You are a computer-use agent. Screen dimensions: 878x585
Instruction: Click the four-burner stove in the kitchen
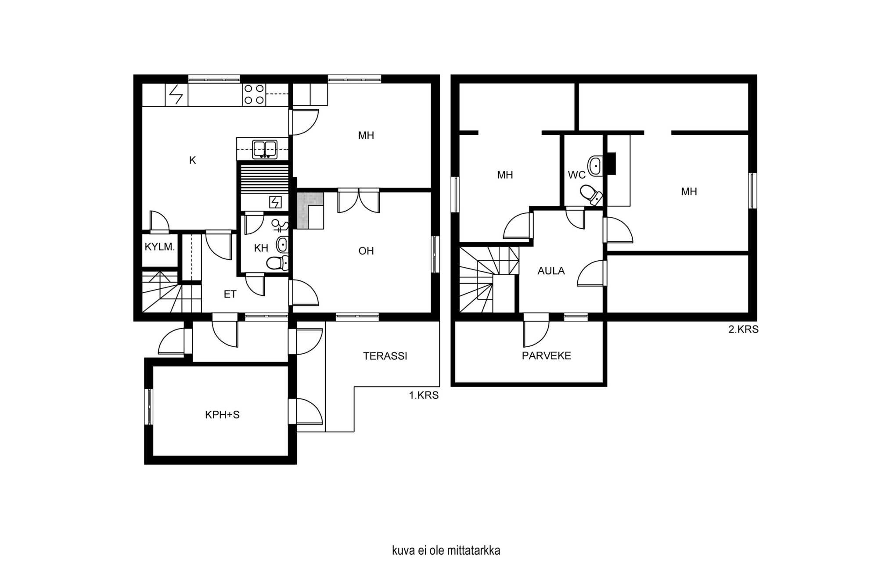[254, 94]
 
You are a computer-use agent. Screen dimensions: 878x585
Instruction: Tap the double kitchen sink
[264, 149]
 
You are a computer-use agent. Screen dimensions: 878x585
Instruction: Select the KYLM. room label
[160, 247]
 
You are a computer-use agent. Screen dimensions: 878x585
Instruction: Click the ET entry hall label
[230, 294]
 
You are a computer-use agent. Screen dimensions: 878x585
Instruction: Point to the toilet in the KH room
[277, 262]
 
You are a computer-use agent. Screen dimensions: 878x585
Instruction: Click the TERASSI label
[385, 356]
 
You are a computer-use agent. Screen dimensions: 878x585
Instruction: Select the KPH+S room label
[222, 415]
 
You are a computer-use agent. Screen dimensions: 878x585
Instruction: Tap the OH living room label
[366, 251]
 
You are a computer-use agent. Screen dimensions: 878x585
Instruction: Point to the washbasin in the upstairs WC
[595, 166]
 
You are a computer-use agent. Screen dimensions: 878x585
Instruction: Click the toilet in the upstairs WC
[591, 194]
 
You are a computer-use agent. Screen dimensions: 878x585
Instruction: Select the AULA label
[551, 271]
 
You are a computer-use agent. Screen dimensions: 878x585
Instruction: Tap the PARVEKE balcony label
[547, 356]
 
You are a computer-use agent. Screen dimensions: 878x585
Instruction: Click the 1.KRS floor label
[424, 395]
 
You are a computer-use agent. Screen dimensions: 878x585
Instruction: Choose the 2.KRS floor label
[743, 330]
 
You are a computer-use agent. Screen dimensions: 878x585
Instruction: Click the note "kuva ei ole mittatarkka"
[446, 550]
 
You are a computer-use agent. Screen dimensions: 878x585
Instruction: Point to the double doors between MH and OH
[359, 201]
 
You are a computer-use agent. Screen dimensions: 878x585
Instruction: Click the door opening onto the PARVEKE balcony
[536, 330]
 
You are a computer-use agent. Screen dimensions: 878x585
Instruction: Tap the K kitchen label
[192, 161]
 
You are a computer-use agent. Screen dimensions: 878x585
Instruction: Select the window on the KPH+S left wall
[149, 407]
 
